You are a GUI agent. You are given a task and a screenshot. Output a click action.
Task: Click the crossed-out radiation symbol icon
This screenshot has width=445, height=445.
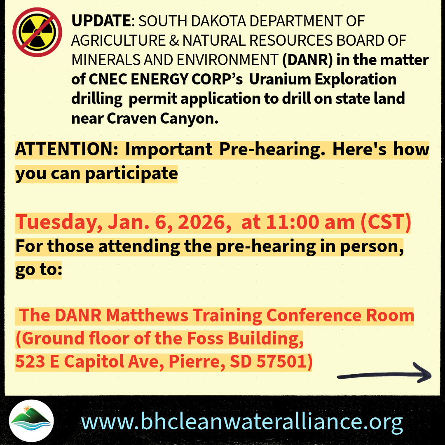37,32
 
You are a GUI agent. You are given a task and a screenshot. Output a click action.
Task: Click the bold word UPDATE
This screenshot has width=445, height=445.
101,21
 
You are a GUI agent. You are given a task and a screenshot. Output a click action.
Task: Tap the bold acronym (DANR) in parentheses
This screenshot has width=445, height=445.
307,60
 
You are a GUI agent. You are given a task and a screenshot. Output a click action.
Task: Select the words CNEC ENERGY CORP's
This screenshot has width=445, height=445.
166,79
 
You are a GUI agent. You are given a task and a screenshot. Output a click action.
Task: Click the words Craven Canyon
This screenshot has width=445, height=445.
163,118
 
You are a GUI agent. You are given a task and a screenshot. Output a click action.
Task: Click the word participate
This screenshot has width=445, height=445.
131,173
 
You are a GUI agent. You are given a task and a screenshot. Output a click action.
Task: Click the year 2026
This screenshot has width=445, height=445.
204,222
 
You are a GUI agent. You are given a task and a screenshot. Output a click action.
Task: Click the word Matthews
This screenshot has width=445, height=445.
147,315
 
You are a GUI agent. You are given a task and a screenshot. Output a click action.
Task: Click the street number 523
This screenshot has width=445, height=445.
30,362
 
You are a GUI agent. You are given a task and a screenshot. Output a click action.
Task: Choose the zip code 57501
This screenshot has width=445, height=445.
281,362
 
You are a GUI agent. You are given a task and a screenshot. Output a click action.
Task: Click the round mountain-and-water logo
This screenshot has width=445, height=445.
31,421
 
